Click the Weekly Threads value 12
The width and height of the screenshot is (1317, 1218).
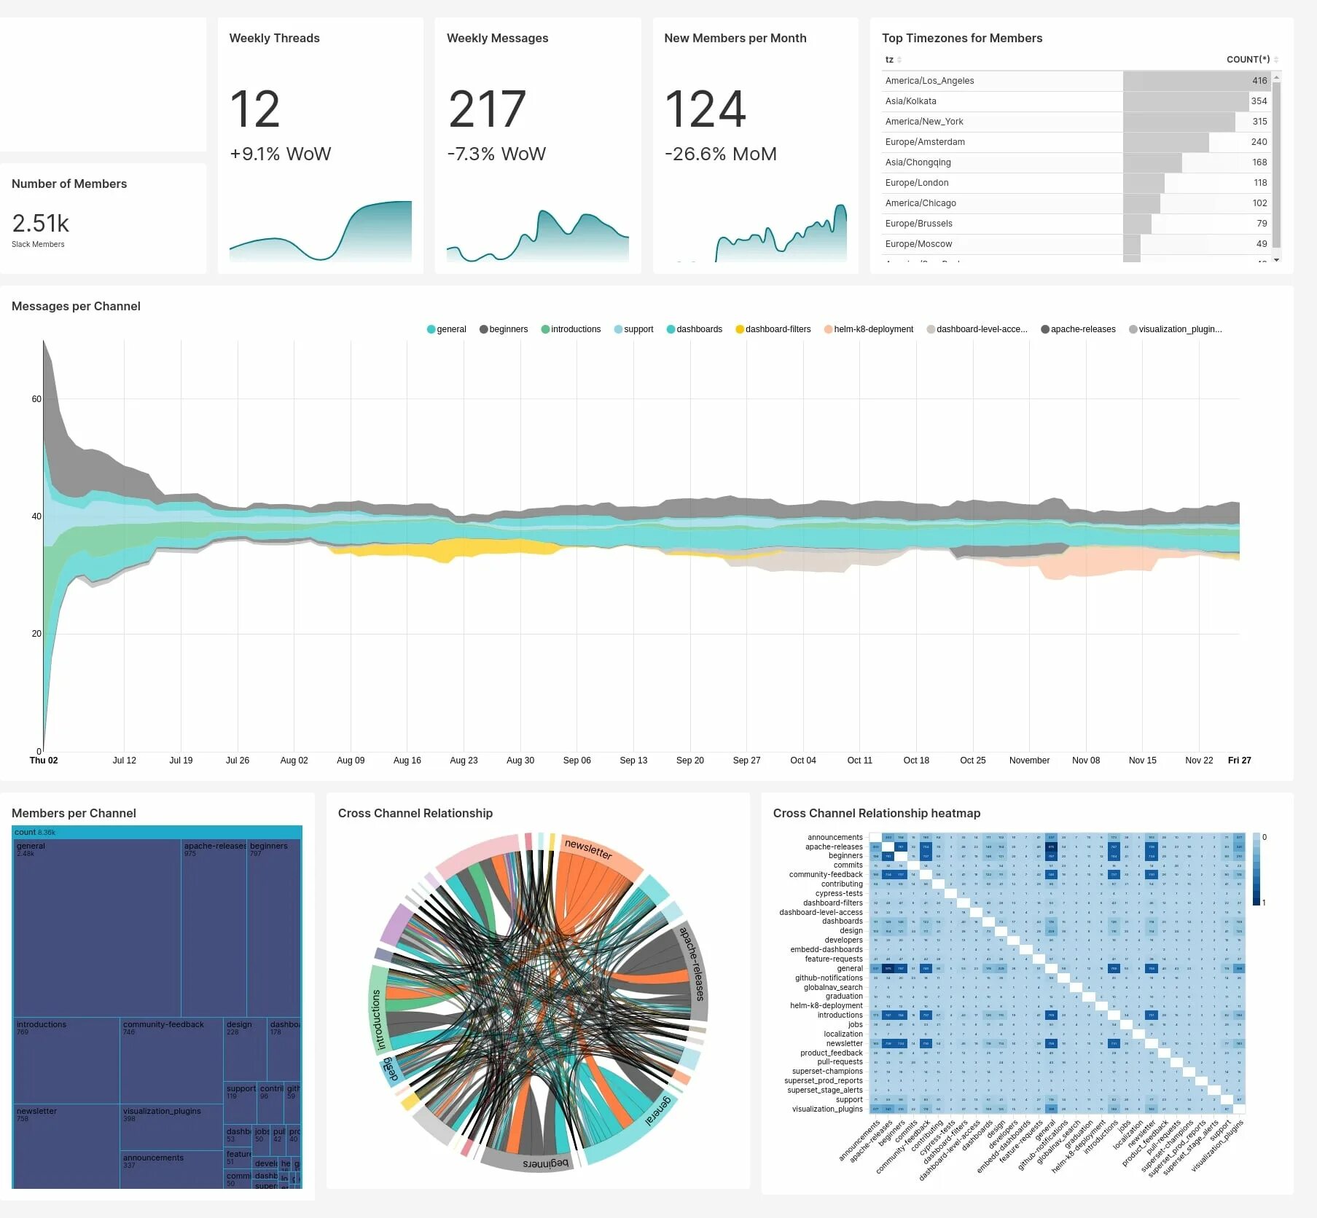pos(254,109)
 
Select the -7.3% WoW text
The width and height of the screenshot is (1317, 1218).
pos(496,154)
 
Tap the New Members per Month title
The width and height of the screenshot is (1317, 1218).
pos(735,38)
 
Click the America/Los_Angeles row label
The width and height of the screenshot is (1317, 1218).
pos(929,81)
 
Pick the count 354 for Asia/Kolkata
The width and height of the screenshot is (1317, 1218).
pos(1259,101)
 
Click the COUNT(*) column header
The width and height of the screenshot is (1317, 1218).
pos(1248,59)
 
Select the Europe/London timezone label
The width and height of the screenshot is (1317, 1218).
pos(917,183)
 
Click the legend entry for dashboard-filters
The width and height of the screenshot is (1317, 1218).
pos(778,329)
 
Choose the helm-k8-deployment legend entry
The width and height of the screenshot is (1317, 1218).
pos(873,329)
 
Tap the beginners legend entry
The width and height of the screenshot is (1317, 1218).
pos(508,329)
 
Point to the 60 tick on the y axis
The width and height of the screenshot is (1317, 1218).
pos(36,399)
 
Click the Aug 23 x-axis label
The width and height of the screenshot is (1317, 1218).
pos(464,761)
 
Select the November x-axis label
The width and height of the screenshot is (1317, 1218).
pos(1029,761)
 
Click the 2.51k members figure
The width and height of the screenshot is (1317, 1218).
pos(41,223)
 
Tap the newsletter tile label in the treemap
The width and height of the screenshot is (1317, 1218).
pos(36,1111)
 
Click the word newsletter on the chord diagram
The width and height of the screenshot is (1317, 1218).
pos(588,849)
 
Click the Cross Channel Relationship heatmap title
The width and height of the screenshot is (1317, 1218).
pos(876,813)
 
